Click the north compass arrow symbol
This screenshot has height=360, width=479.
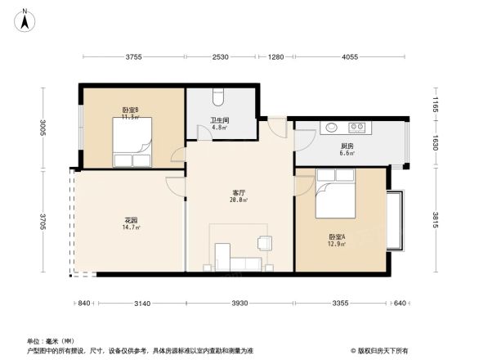[25, 18]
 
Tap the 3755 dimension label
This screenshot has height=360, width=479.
[134, 57]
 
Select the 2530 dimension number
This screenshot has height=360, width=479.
[220, 57]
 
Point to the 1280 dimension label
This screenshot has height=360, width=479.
[275, 57]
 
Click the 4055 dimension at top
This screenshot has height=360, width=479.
[350, 57]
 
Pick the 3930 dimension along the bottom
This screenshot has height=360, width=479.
[239, 304]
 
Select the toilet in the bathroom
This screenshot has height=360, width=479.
[217, 96]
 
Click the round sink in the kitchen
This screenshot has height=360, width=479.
[331, 128]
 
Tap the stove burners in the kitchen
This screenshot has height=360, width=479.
[356, 128]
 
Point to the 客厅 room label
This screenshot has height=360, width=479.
[239, 194]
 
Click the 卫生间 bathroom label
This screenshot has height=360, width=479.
[219, 121]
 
